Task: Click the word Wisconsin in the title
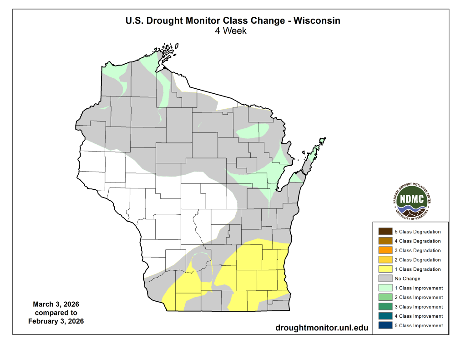click(x=317, y=20)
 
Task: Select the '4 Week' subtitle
click(x=232, y=31)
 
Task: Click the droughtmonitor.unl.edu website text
click(x=322, y=328)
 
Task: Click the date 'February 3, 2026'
click(x=56, y=321)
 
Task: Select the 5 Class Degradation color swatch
click(x=385, y=232)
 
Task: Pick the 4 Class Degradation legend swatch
click(x=385, y=241)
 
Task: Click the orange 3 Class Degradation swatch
click(x=385, y=250)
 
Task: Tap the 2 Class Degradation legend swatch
click(x=385, y=259)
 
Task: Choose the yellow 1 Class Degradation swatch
click(x=385, y=269)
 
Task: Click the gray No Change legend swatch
click(x=385, y=279)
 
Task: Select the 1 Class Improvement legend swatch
click(x=385, y=288)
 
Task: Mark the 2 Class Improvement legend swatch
click(x=385, y=297)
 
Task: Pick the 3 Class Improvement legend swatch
click(x=385, y=307)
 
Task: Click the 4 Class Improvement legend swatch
click(x=385, y=316)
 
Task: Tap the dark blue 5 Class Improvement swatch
click(x=385, y=325)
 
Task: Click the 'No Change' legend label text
click(x=407, y=279)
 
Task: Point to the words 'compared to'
click(x=56, y=313)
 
